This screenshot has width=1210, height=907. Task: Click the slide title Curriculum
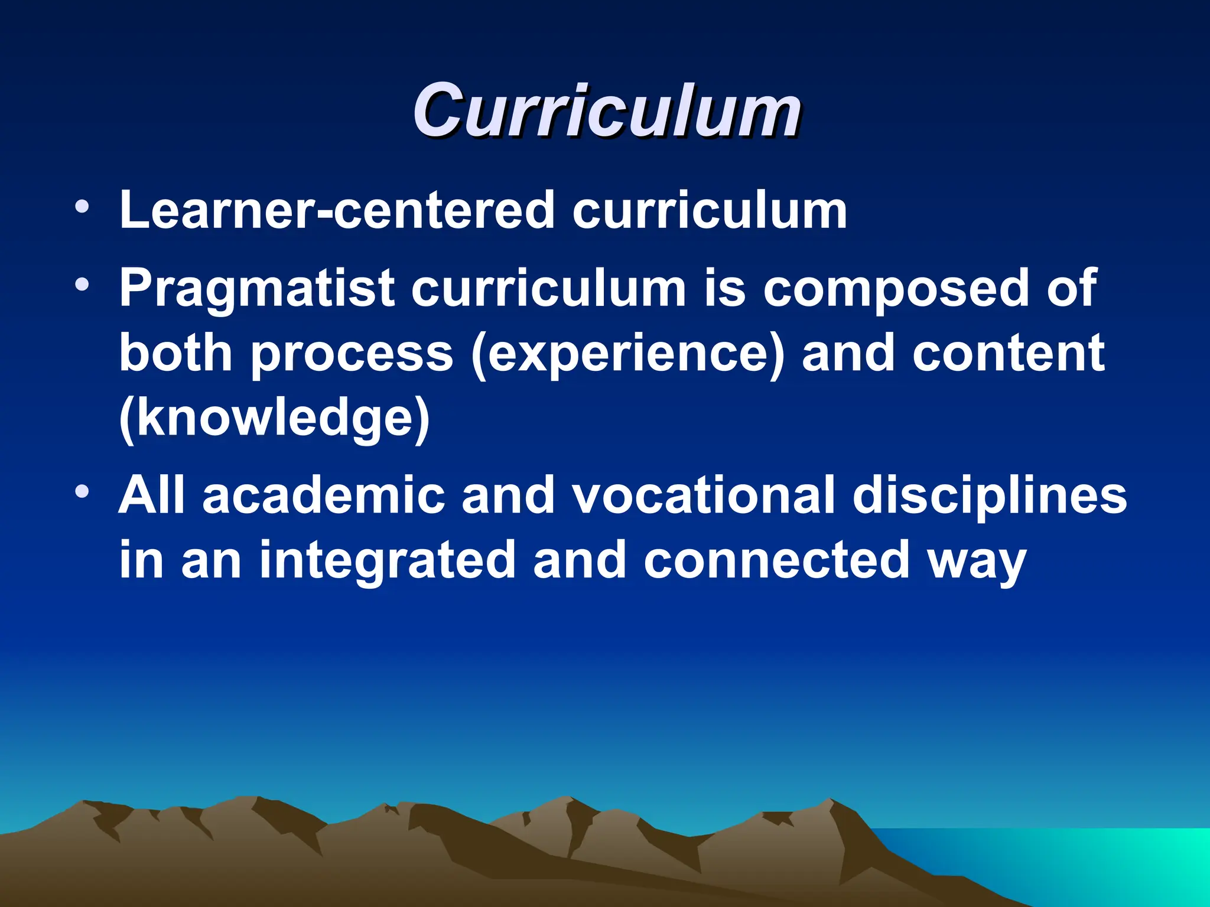click(x=607, y=110)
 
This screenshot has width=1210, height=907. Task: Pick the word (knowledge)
click(x=274, y=418)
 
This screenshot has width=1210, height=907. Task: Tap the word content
click(x=1008, y=353)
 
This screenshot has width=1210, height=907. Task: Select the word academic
click(x=324, y=495)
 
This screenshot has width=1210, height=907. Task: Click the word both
click(x=175, y=353)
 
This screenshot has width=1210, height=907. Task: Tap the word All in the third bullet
click(x=152, y=495)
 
